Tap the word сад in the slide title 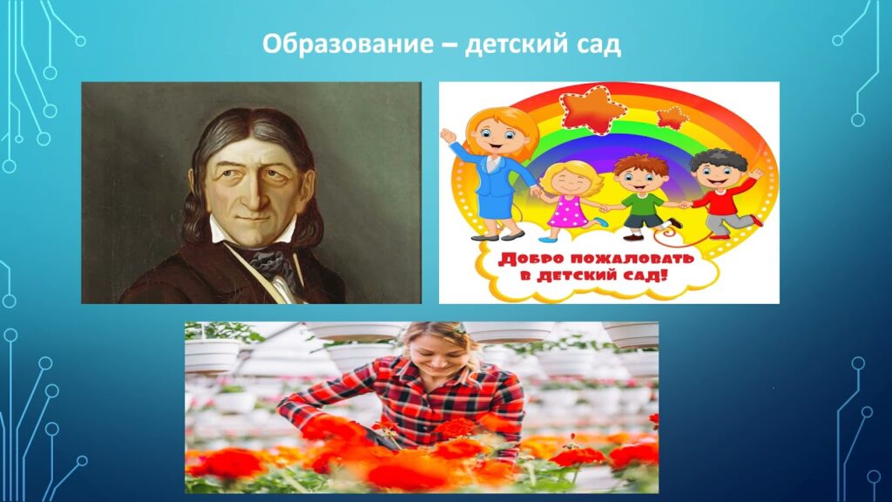tap(598, 44)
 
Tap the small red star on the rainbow tap(671, 117)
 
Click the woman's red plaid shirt tap(409, 392)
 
